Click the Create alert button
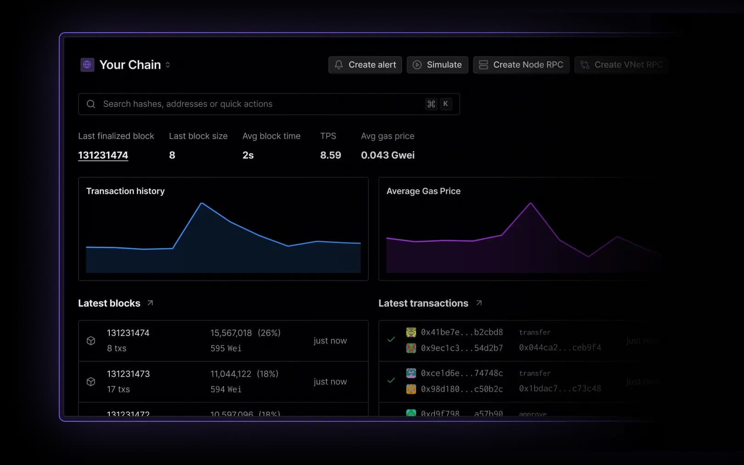coord(365,65)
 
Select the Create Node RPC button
coord(521,65)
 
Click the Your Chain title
coord(130,65)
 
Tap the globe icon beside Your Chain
coord(87,65)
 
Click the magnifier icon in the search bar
coord(91,104)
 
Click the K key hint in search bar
coord(445,104)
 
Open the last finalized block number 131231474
coord(103,155)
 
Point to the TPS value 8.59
coord(330,155)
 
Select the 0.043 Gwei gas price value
coord(388,155)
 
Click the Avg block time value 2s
coord(248,155)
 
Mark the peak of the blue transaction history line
coord(202,203)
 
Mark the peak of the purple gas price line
coord(530,203)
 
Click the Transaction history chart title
coord(125,191)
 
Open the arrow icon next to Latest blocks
coord(150,303)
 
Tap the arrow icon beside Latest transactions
coord(479,303)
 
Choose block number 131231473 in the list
coord(128,374)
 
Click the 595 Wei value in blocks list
coord(225,348)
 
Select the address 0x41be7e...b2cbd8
coord(462,332)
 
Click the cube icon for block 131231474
coord(91,340)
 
